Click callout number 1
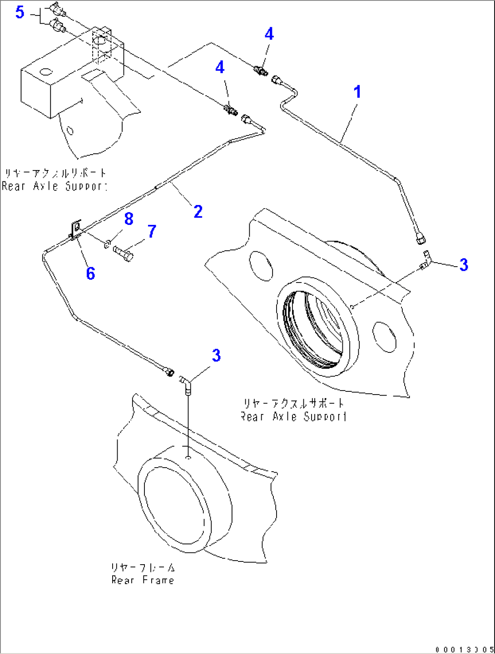point(357,92)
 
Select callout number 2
point(198,212)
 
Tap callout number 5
point(20,12)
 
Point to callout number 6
point(90,273)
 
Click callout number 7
point(152,232)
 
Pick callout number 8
point(129,219)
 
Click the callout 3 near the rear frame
point(216,356)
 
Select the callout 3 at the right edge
point(464,265)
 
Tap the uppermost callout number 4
point(269,34)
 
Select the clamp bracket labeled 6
point(75,229)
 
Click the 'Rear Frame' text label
point(143,580)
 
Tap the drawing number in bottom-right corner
point(464,649)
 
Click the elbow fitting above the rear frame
point(186,384)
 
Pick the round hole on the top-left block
point(46,72)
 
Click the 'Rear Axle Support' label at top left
point(54,186)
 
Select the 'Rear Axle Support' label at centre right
point(294,416)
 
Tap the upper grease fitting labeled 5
point(57,9)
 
